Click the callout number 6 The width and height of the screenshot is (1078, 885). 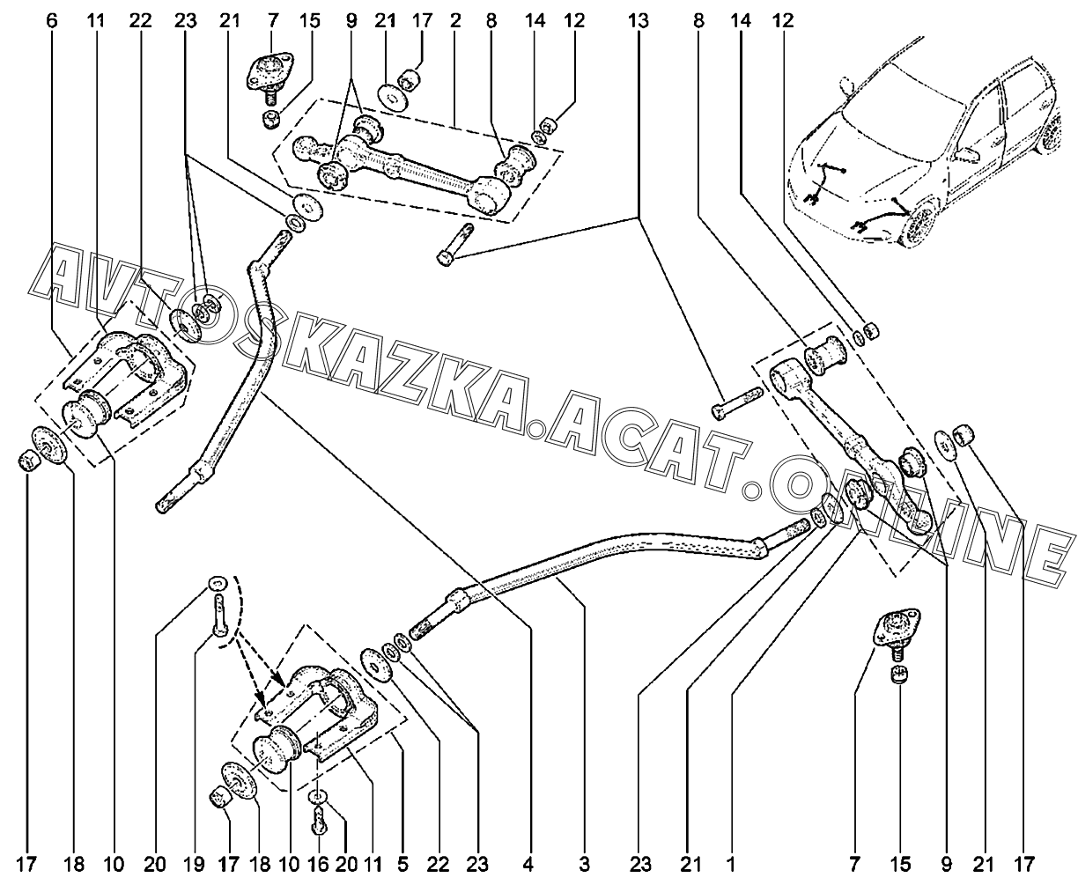click(x=52, y=21)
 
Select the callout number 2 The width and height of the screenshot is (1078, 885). click(x=455, y=21)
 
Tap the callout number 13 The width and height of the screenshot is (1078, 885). click(x=638, y=21)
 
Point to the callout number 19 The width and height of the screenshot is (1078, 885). click(x=195, y=865)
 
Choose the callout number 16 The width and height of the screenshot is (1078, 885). click(x=319, y=865)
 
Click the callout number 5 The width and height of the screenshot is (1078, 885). click(x=402, y=865)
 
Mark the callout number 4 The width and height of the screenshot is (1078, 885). click(x=528, y=865)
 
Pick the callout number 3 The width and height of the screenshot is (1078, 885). click(x=584, y=865)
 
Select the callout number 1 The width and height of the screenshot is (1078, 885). click(x=731, y=865)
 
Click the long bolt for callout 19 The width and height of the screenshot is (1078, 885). click(x=219, y=616)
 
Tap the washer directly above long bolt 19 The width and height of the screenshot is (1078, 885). click(x=218, y=583)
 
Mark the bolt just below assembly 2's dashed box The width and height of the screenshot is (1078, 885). click(x=454, y=245)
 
